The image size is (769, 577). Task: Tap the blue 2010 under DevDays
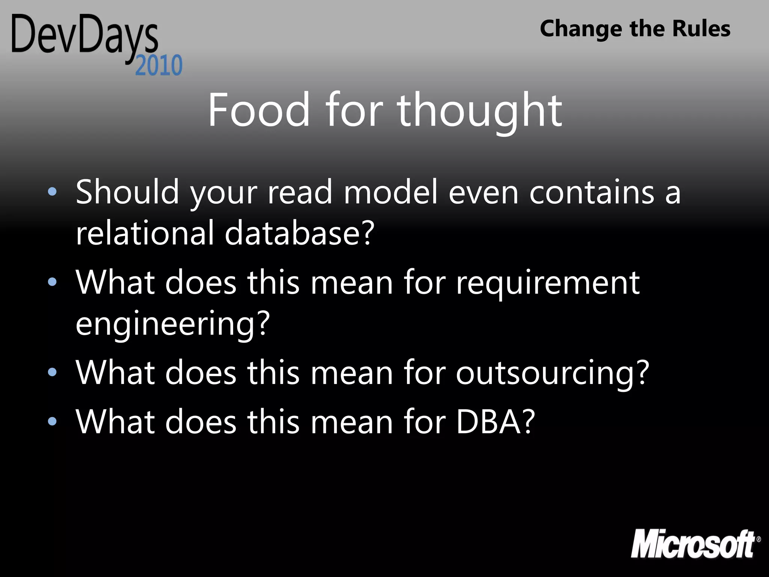[x=159, y=66]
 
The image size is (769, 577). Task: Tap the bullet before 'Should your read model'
[x=53, y=192]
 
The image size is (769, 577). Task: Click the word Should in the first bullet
[x=127, y=192]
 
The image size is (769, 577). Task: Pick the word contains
[x=592, y=192]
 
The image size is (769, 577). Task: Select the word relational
[x=145, y=233]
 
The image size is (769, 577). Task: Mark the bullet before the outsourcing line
[x=53, y=372]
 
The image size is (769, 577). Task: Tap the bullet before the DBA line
[x=53, y=421]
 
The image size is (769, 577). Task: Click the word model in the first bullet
[x=391, y=192]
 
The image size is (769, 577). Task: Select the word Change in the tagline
[x=581, y=29]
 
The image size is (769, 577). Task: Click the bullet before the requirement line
[x=53, y=282]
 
